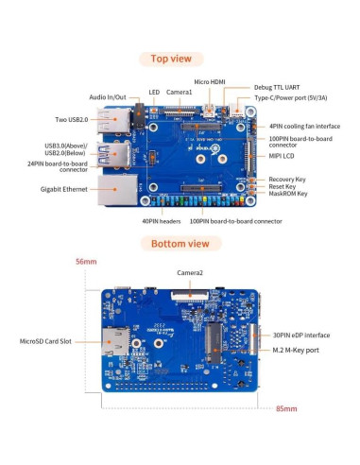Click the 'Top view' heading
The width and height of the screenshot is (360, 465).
179,58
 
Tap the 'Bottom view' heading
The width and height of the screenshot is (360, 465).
179,243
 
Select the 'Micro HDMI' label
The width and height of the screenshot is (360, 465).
210,83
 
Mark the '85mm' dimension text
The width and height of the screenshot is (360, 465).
286,409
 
